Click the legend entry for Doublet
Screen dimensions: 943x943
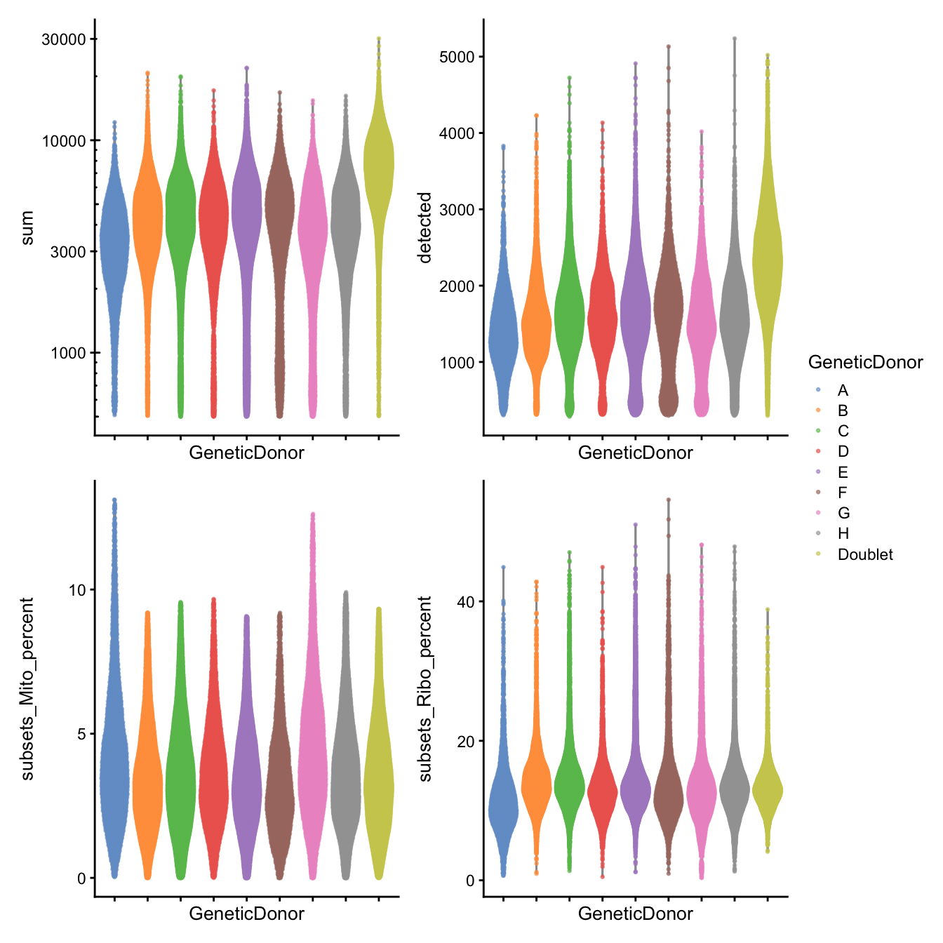point(864,554)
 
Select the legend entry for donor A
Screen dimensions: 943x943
point(843,390)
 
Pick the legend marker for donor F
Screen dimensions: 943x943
point(818,493)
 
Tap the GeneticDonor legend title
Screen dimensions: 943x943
point(865,363)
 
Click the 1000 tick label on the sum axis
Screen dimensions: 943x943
point(68,353)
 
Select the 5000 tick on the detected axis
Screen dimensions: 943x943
point(457,57)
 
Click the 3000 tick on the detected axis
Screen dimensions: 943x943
point(457,210)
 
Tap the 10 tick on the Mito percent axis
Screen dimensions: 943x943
point(77,590)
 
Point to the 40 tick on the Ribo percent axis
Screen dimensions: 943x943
point(465,602)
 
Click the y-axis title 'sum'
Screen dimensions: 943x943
point(27,228)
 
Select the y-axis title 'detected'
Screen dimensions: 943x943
point(424,228)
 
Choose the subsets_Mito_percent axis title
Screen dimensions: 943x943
point(27,688)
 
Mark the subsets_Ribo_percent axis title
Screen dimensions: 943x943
point(424,688)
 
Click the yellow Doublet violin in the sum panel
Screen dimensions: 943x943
point(379,168)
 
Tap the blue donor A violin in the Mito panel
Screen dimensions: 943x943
point(114,772)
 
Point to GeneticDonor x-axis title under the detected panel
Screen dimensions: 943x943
point(635,453)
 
